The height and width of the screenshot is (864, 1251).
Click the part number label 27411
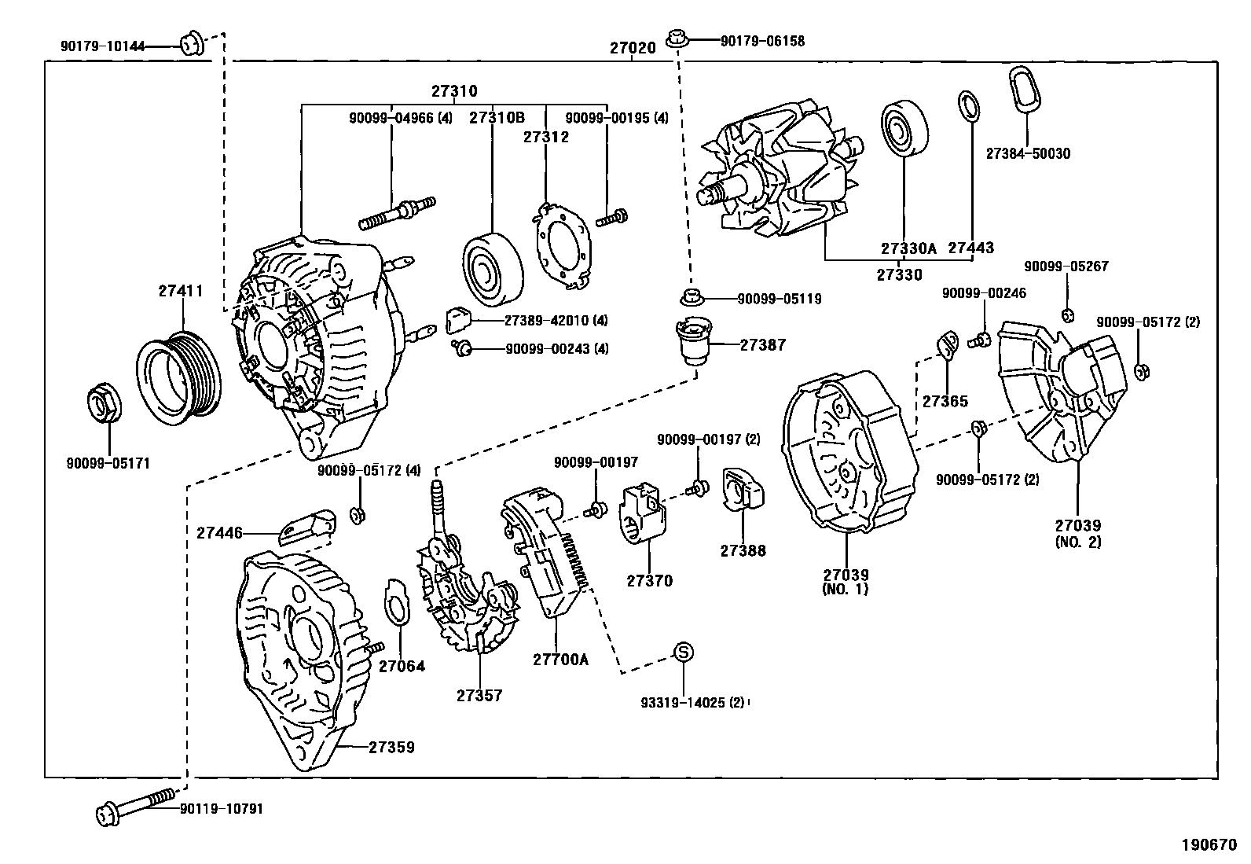click(181, 291)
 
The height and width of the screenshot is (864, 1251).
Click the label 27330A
click(908, 248)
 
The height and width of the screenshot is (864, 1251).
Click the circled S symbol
click(683, 652)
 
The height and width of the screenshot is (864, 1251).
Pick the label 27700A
click(560, 660)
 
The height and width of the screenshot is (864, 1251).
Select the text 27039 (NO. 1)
click(846, 582)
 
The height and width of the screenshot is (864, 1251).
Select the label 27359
click(391, 748)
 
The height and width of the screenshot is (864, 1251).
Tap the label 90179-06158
click(762, 41)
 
